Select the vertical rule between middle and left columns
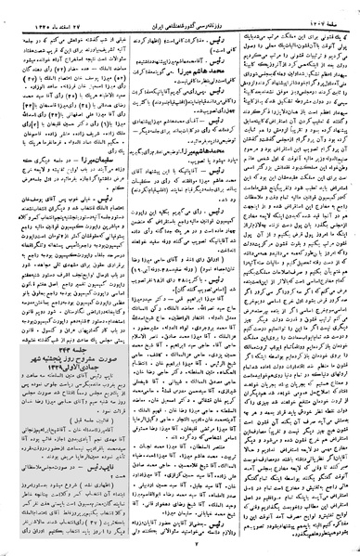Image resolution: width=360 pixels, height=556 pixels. click(122, 278)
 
